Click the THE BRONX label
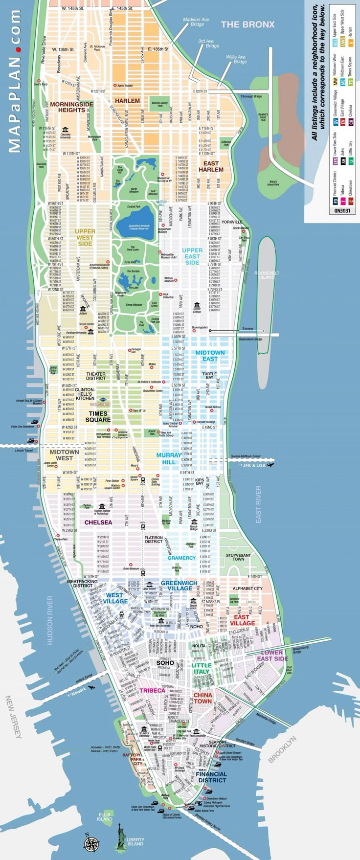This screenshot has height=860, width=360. tap(247, 24)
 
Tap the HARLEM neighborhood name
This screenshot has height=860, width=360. tap(127, 101)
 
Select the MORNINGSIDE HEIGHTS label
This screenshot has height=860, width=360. tap(71, 107)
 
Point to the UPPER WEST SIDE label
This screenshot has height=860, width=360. tap(85, 237)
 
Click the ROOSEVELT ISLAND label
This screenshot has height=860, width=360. tap(267, 275)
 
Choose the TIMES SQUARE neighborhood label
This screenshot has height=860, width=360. tap(98, 416)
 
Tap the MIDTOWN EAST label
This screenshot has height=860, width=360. tap(210, 356)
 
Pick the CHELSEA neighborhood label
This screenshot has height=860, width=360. tap(98, 522)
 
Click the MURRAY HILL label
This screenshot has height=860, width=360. tap(169, 458)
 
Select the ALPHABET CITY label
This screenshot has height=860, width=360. tap(247, 588)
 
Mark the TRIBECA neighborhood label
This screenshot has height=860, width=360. tap(152, 691)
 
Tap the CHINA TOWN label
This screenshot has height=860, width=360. tap(202, 698)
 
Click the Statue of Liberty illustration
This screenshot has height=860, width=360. tap(120, 836)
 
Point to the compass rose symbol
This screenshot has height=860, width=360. tap(91, 843)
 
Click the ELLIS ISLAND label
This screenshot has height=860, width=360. tap(104, 817)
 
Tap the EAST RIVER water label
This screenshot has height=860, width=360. tap(258, 504)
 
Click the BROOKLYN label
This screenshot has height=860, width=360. tap(283, 749)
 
